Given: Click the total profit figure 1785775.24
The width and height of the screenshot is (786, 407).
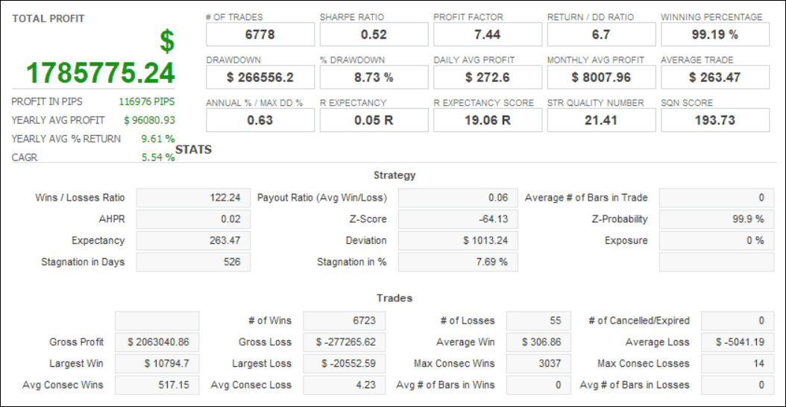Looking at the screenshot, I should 101,72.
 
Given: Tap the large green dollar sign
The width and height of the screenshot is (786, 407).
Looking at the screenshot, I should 166,42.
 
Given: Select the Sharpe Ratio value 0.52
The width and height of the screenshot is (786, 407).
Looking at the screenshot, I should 374,34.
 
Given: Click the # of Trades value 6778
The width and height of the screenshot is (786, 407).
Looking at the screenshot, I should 260,34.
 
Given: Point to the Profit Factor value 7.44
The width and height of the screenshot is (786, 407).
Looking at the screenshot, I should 487,34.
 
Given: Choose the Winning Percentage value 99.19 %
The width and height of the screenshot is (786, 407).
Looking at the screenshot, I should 714,34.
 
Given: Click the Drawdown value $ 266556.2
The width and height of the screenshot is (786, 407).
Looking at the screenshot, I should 260,78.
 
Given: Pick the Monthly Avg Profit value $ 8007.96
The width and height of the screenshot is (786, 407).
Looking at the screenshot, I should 601,78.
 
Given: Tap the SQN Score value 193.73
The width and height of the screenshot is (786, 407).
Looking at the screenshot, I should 714,120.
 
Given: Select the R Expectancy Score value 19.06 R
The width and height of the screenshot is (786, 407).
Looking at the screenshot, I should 487,120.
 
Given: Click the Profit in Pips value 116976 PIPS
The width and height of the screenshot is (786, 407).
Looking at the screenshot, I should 147,101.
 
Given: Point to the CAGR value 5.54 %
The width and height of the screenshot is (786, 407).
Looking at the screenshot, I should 158,157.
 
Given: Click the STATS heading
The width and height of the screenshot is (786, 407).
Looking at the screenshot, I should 194,150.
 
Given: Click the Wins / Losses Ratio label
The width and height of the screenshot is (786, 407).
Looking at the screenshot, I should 80,198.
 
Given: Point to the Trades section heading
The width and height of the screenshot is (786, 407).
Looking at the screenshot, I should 394,298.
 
